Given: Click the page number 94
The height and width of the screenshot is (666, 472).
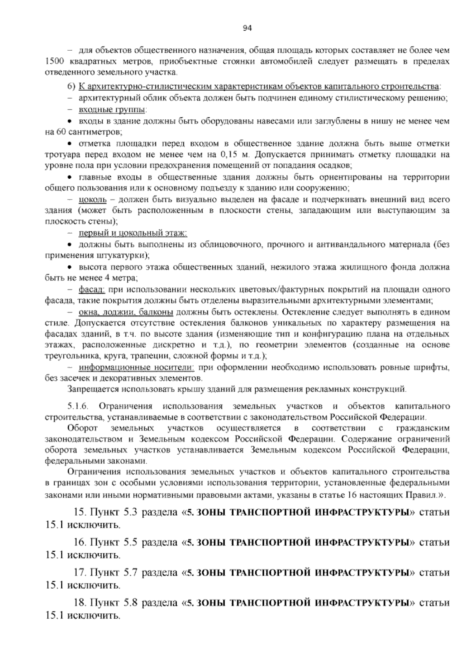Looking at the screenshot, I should [x=247, y=28].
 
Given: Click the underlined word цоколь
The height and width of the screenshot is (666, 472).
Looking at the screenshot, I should [x=93, y=199].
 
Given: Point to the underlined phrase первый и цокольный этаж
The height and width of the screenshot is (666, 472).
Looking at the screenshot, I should [x=133, y=234].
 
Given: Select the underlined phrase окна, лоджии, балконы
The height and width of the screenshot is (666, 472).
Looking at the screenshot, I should [x=126, y=312].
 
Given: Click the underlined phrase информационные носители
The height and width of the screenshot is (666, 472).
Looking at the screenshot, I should [x=136, y=368].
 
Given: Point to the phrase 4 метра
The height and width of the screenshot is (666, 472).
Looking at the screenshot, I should [x=119, y=278].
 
